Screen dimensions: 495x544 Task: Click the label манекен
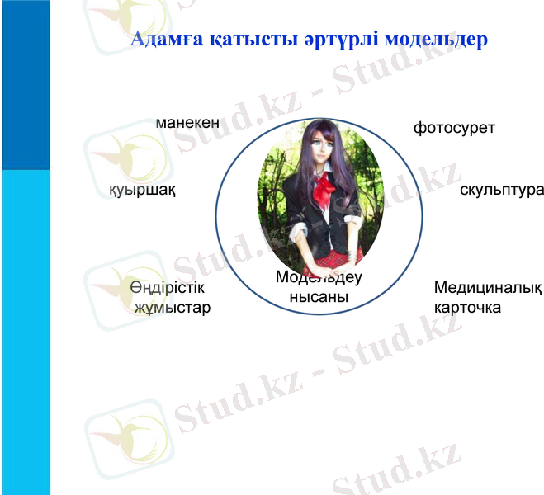coord(187,123)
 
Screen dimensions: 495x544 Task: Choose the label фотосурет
coord(454,129)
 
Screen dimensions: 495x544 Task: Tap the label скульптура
coord(501,190)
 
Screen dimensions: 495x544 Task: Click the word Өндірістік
coord(167,288)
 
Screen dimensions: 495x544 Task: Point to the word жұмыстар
coord(172,308)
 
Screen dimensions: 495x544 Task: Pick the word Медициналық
coord(487,288)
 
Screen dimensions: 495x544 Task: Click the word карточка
coord(467,308)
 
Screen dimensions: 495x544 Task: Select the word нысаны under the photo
coord(319,297)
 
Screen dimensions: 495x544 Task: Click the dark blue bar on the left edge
coord(25,82)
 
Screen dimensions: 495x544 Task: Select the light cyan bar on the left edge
coord(25,330)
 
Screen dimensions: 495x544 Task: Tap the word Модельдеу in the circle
coord(319,277)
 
